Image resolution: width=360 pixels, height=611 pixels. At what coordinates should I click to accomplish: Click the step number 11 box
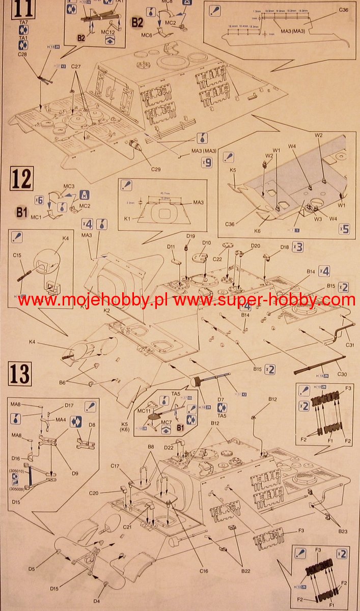[20, 8]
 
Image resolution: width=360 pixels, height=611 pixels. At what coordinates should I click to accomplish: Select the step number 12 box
[21, 179]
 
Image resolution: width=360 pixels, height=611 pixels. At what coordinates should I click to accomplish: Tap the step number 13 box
[20, 374]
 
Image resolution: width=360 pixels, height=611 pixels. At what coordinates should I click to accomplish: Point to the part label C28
[22, 54]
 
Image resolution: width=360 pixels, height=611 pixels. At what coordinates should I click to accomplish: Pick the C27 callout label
[76, 67]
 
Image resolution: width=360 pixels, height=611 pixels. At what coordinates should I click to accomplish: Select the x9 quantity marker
[206, 163]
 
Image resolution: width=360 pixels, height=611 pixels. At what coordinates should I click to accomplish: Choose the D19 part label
[191, 236]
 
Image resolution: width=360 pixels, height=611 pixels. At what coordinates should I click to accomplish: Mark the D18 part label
[285, 247]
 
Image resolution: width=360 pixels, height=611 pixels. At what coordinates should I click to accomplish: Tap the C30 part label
[342, 374]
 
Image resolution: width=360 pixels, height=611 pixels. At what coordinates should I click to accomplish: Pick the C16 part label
[204, 571]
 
